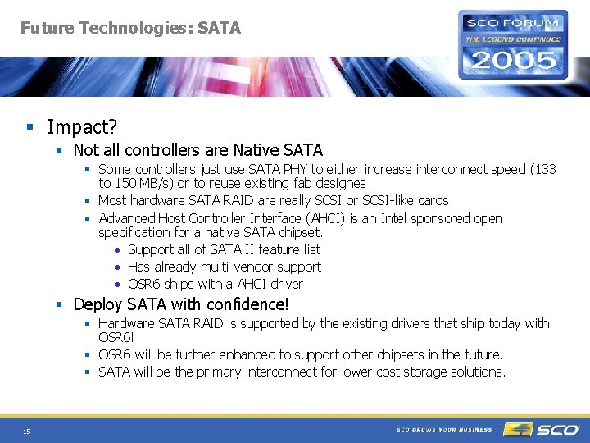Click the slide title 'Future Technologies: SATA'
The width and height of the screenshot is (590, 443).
pyautogui.click(x=130, y=28)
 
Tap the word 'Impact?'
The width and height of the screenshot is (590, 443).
pyautogui.click(x=82, y=127)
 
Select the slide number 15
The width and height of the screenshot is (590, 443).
pyautogui.click(x=28, y=431)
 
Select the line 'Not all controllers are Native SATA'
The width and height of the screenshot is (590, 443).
pyautogui.click(x=197, y=150)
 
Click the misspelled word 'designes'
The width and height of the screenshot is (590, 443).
pyautogui.click(x=339, y=183)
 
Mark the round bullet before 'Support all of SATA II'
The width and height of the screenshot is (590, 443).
pyautogui.click(x=119, y=250)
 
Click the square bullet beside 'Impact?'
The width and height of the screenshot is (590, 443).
pyautogui.click(x=29, y=127)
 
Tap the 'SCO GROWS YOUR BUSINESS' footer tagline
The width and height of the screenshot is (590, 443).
pyautogui.click(x=444, y=429)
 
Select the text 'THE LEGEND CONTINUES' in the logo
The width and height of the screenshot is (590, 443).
pyautogui.click(x=513, y=39)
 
